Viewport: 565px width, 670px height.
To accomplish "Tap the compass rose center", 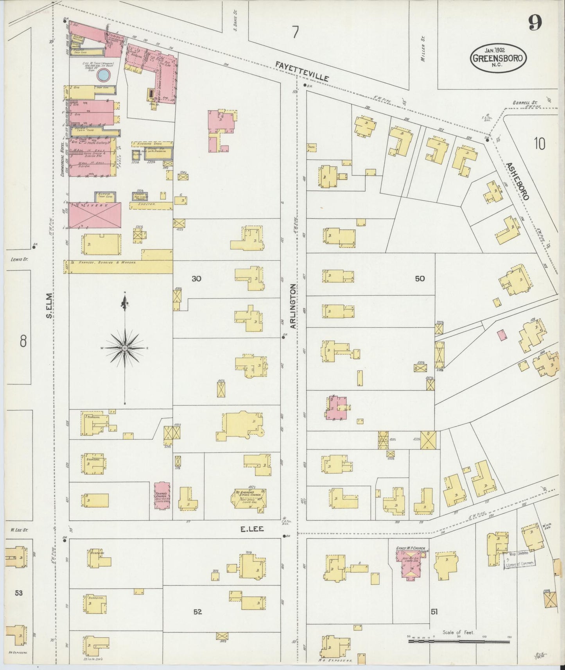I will click(x=125, y=348).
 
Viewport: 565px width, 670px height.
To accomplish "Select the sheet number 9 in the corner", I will click(x=535, y=23).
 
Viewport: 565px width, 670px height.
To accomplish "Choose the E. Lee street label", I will click(x=252, y=529).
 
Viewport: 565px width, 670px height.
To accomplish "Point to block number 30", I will click(x=196, y=279).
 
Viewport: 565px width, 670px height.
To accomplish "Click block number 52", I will click(x=197, y=612).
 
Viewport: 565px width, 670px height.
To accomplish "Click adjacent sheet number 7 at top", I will click(x=295, y=33).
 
